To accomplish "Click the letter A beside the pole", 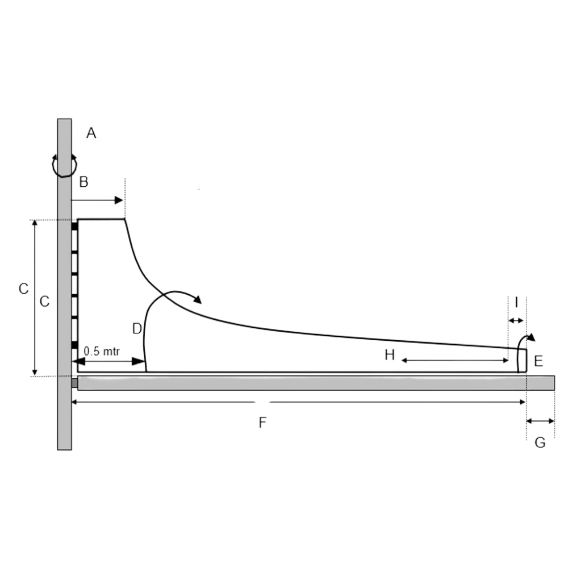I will tap(91, 133).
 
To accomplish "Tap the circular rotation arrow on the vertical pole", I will tap(64, 165).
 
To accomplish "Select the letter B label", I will tap(83, 182).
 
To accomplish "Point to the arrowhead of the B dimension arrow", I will tap(119, 200).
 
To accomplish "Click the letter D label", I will tap(136, 328).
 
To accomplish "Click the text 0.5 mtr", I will tap(102, 351).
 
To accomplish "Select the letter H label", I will tap(389, 356).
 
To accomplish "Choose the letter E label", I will tap(538, 360).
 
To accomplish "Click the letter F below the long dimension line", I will tap(262, 423).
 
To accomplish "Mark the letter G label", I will tap(540, 442).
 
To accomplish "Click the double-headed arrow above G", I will tap(540, 421).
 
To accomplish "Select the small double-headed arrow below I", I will tap(516, 321).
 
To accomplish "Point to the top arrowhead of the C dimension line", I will tap(35, 223).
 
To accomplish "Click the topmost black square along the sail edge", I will tap(74, 226).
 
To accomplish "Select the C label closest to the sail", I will tap(44, 302).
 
